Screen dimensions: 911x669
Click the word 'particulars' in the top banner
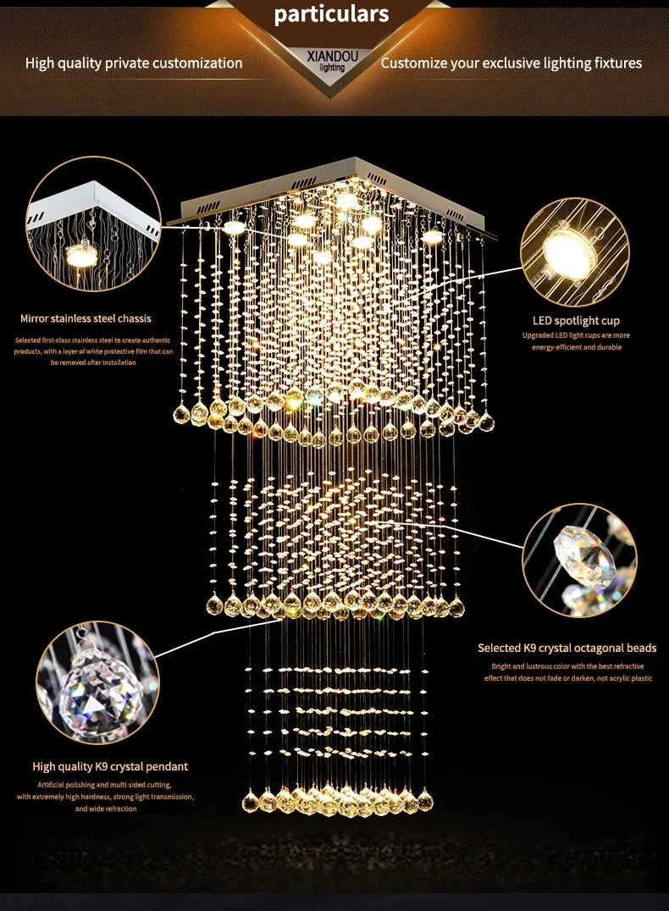coord(331,14)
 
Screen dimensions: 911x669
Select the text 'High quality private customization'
coord(134,63)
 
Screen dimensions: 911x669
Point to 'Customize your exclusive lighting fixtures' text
coord(511,63)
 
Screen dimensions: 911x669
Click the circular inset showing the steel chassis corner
coord(92,224)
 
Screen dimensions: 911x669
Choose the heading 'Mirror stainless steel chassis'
coord(86,318)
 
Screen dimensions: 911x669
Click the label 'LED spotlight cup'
coord(576,321)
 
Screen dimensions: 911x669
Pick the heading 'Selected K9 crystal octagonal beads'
coord(567,648)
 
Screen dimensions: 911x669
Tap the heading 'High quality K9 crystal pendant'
coord(110,766)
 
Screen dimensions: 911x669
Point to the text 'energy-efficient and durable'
coord(576,347)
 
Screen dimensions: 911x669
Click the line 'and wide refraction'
coord(106,809)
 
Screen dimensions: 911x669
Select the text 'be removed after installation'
coord(93,362)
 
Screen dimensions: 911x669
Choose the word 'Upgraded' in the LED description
coord(539,335)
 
